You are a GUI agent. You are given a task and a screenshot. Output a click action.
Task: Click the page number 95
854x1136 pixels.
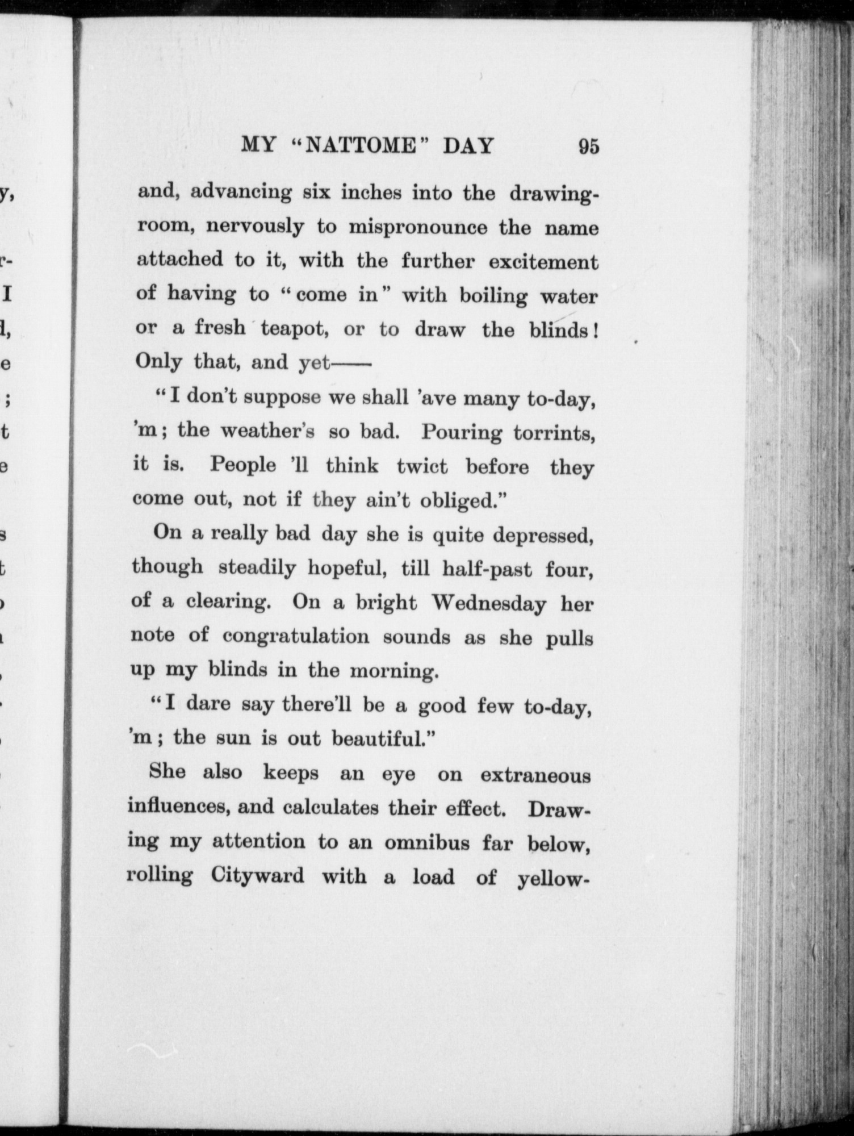coord(588,147)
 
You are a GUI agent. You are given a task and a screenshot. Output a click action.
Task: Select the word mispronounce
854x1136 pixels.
coord(417,227)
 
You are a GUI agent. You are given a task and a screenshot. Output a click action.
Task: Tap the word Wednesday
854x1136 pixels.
coord(489,603)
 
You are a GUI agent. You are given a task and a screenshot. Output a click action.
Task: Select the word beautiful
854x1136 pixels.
coord(383,739)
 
